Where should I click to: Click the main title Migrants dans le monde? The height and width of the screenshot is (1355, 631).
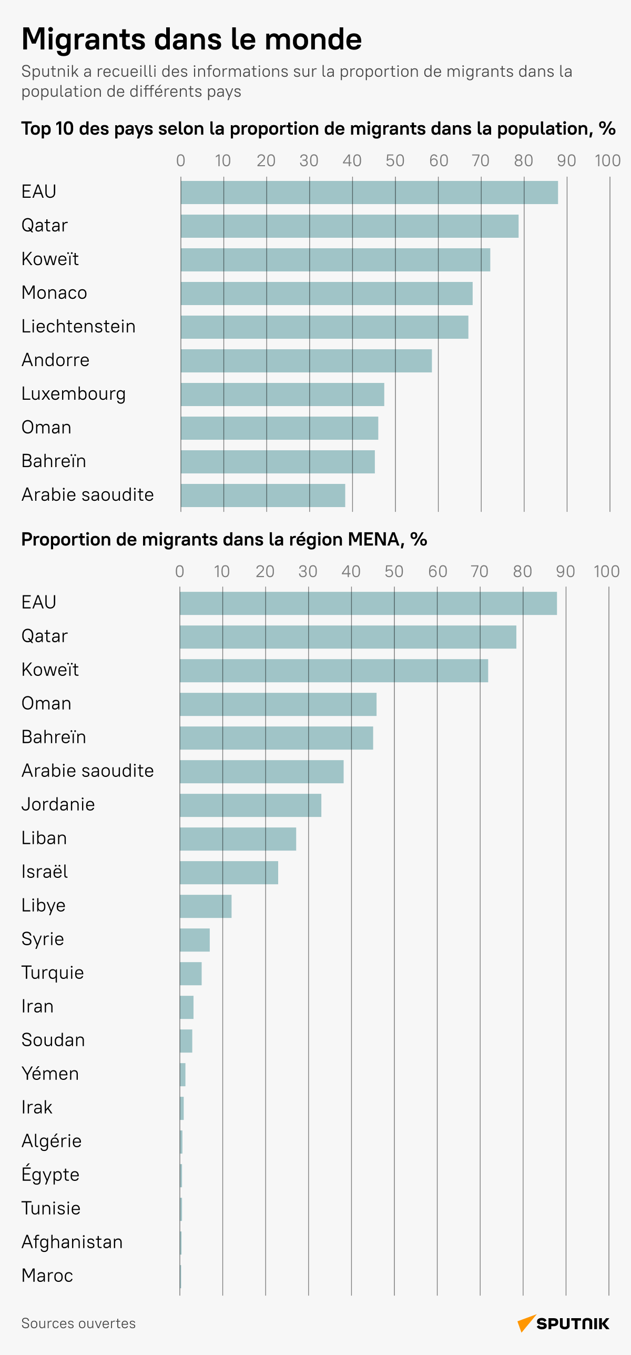click(191, 39)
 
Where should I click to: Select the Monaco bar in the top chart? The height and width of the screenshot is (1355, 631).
click(326, 294)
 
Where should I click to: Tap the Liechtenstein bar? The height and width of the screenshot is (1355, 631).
click(324, 327)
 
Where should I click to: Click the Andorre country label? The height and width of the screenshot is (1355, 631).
click(55, 360)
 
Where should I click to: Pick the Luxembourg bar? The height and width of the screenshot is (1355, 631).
click(282, 395)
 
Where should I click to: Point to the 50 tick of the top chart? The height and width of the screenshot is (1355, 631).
click(395, 161)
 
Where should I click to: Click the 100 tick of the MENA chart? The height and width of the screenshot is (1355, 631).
click(606, 572)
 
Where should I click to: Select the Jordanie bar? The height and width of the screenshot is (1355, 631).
click(250, 805)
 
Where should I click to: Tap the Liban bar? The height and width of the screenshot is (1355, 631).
click(238, 839)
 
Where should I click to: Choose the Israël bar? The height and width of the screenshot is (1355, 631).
click(229, 873)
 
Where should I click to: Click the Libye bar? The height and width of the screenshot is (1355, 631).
click(206, 906)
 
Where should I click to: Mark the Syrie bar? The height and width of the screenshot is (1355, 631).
click(195, 940)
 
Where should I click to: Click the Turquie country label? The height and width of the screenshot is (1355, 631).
click(53, 973)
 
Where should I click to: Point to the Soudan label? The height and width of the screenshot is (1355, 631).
click(53, 1040)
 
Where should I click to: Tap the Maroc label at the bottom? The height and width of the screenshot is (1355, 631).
click(47, 1276)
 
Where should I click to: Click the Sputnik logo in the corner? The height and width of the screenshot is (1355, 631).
click(563, 1323)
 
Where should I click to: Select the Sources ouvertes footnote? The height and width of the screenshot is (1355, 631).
click(78, 1323)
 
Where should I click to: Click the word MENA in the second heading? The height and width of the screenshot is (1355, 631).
click(373, 540)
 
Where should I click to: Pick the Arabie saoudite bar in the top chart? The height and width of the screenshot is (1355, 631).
click(262, 496)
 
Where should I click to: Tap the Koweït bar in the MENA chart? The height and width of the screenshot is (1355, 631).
click(333, 671)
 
